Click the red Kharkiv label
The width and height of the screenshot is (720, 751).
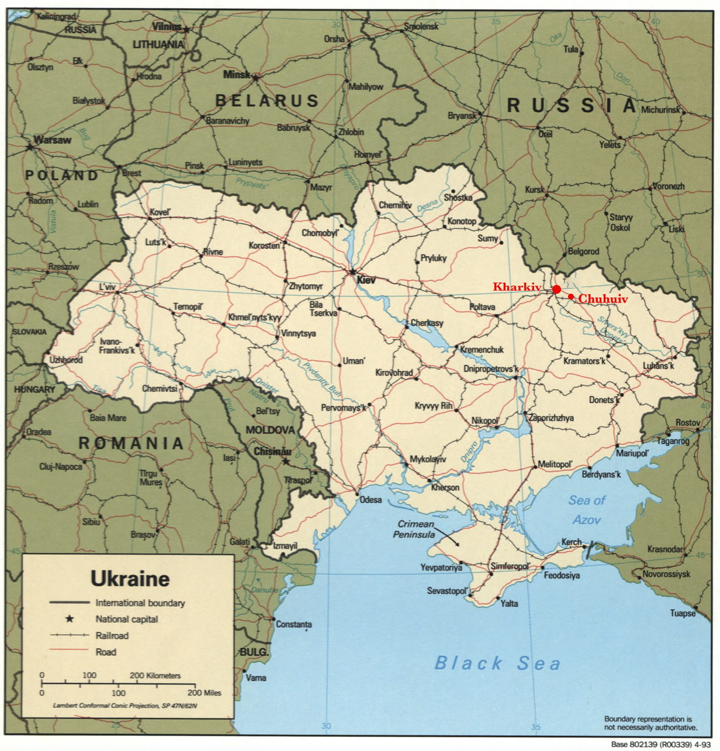pyautogui.click(x=517, y=287)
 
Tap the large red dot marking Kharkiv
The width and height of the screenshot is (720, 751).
pyautogui.click(x=556, y=289)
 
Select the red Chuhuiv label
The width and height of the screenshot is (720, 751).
pyautogui.click(x=603, y=299)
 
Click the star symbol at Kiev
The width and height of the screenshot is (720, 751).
pyautogui.click(x=352, y=272)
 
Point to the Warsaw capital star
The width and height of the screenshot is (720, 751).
pyautogui.click(x=29, y=147)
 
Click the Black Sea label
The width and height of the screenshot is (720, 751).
pyautogui.click(x=497, y=663)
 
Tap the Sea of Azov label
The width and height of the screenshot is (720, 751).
pyautogui.click(x=587, y=510)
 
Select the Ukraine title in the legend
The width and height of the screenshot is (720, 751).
pyautogui.click(x=130, y=579)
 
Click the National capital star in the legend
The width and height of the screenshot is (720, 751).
pyautogui.click(x=70, y=619)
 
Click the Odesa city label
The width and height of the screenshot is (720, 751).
pyautogui.click(x=371, y=499)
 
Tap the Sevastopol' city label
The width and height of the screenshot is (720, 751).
pyautogui.click(x=447, y=591)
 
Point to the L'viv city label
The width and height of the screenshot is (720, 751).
pyautogui.click(x=108, y=287)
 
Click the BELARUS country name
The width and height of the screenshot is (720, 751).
pyautogui.click(x=267, y=101)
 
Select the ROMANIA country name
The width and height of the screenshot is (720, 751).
pyautogui.click(x=131, y=444)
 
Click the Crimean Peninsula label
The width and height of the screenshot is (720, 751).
pyautogui.click(x=415, y=529)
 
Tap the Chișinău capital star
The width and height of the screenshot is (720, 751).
pyautogui.click(x=286, y=461)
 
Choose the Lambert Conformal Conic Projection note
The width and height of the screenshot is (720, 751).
pyautogui.click(x=129, y=705)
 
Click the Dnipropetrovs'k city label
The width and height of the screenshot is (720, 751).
pyautogui.click(x=491, y=369)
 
